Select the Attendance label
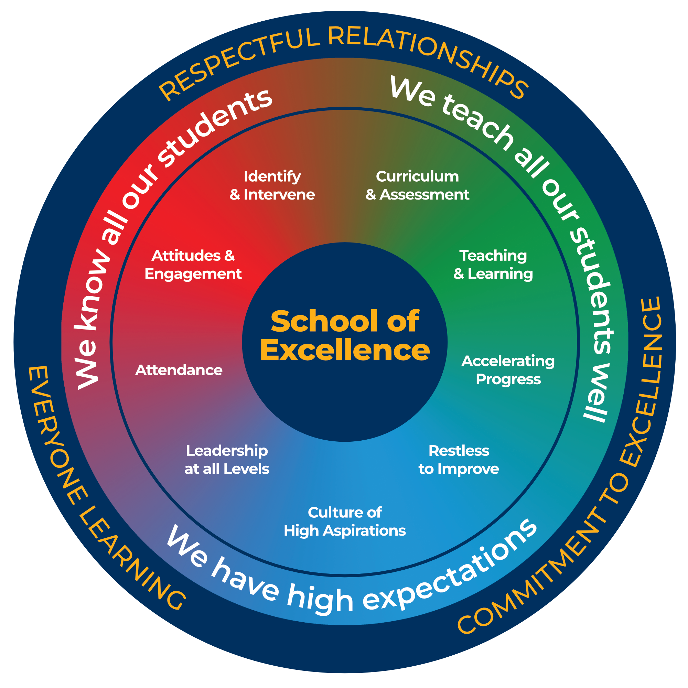pos(179,370)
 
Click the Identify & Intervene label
pos(272,185)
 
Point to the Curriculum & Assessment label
pos(417,185)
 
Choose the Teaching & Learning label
pos(493,265)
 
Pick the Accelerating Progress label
pos(508,370)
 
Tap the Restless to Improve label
pos(459,460)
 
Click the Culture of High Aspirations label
pos(345,522)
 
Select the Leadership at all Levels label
pos(227,460)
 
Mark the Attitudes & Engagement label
pos(193,265)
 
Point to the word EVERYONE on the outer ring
pos(53,438)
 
